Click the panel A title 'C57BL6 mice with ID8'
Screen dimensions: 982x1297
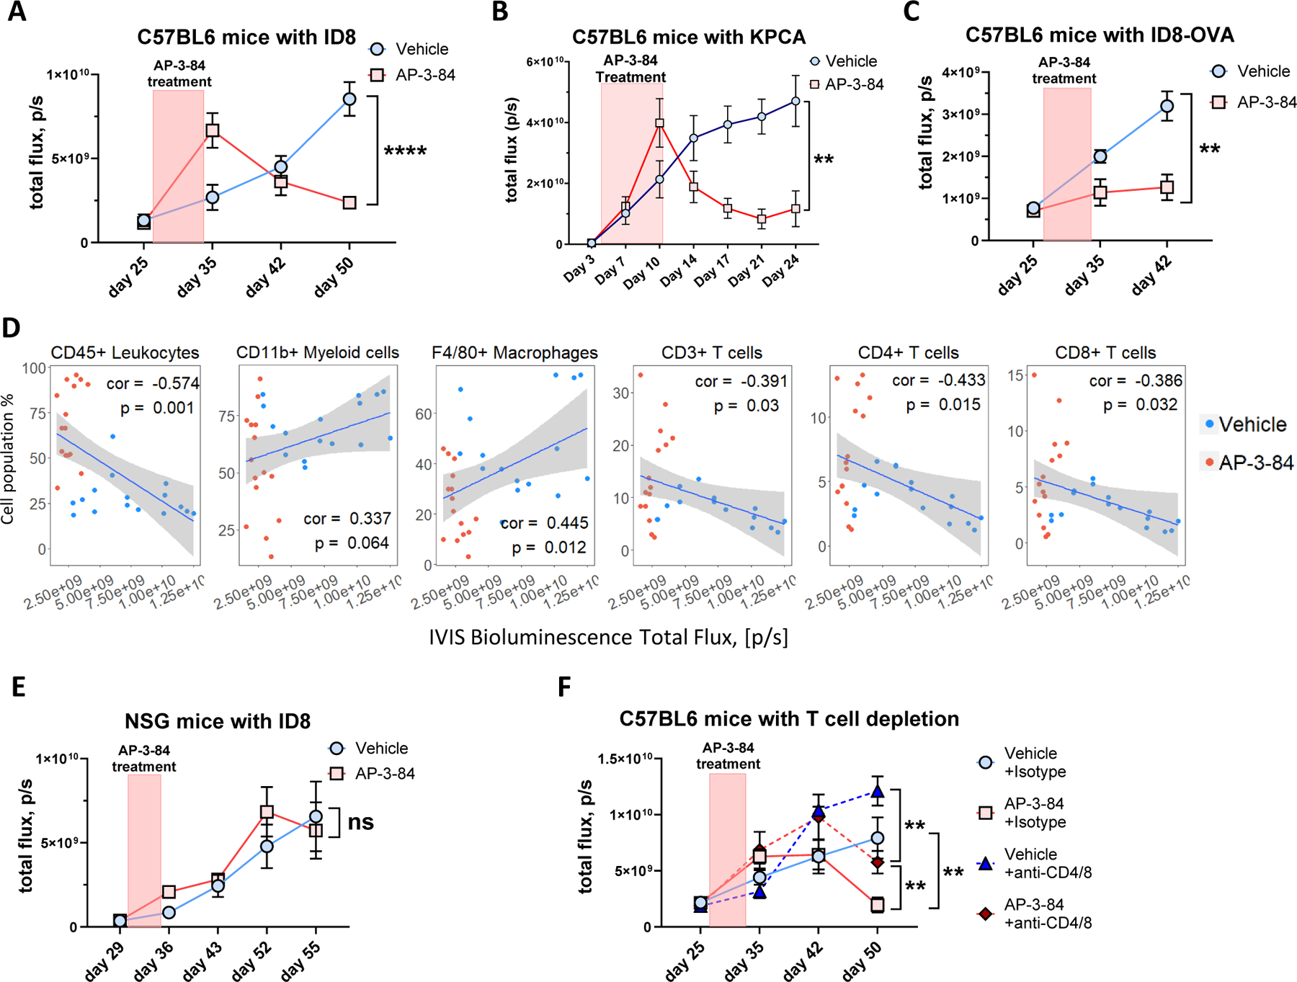[x=246, y=37]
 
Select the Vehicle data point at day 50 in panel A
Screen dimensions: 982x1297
[x=349, y=99]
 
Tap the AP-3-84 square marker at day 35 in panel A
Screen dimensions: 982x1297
[x=213, y=130]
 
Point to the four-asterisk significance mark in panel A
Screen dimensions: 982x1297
[x=405, y=151]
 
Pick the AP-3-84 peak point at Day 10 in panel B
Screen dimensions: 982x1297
[x=659, y=123]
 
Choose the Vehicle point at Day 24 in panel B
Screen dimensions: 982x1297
[x=795, y=101]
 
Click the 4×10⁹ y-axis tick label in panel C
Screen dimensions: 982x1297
[x=961, y=73]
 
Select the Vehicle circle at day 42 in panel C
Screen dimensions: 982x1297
[x=1167, y=107]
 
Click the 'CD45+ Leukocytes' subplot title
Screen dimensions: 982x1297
[x=125, y=353]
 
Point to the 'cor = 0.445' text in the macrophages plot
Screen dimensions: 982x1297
[x=545, y=523]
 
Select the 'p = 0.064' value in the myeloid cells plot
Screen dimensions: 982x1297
[x=352, y=543]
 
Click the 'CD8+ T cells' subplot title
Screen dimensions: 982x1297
[x=1105, y=353]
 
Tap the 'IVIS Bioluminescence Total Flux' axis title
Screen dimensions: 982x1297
[x=608, y=638]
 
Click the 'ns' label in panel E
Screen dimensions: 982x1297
[x=360, y=822]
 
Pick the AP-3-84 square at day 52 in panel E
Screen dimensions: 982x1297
[x=267, y=812]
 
